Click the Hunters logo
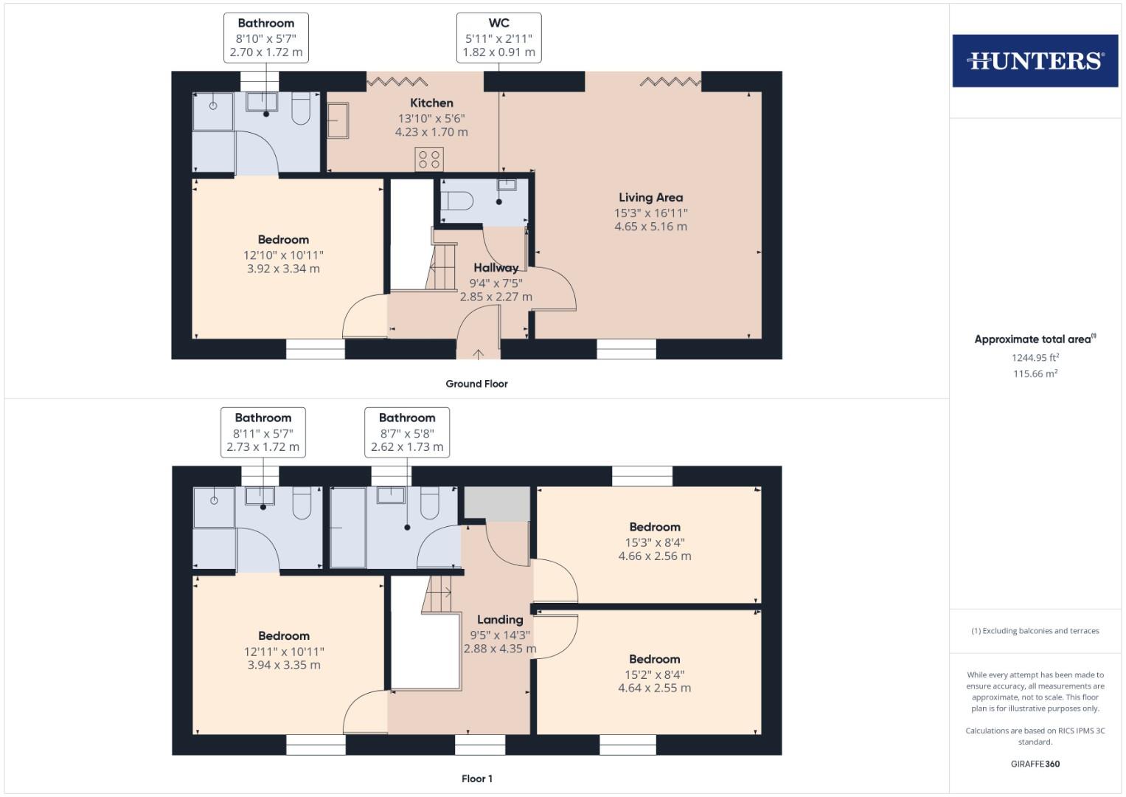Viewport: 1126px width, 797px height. tap(1035, 61)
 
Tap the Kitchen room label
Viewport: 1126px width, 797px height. tap(431, 103)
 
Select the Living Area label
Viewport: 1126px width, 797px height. tap(650, 198)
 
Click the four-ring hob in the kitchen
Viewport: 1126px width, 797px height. tap(428, 159)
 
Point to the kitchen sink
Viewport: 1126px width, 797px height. tap(338, 120)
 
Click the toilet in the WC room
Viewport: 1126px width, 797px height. tap(457, 202)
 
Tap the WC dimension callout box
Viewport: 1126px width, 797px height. tap(498, 38)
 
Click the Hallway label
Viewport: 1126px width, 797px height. tap(496, 268)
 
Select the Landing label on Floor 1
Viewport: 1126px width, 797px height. tap(500, 620)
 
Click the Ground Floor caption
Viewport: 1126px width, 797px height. tap(476, 384)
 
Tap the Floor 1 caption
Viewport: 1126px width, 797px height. tap(476, 779)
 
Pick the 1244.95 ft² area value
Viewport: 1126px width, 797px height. tap(1035, 358)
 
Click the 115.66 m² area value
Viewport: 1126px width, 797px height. tap(1035, 374)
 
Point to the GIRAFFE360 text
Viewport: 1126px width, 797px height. tap(1035, 764)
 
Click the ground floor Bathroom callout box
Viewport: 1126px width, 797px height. tap(266, 38)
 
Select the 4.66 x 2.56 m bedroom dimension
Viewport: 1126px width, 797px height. tap(655, 556)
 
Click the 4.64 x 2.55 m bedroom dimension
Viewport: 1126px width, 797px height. tap(655, 688)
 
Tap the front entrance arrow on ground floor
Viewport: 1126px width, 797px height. tap(478, 354)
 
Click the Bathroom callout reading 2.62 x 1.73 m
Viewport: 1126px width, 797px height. tap(407, 432)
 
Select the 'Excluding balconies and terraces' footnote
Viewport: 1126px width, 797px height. tap(1035, 631)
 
